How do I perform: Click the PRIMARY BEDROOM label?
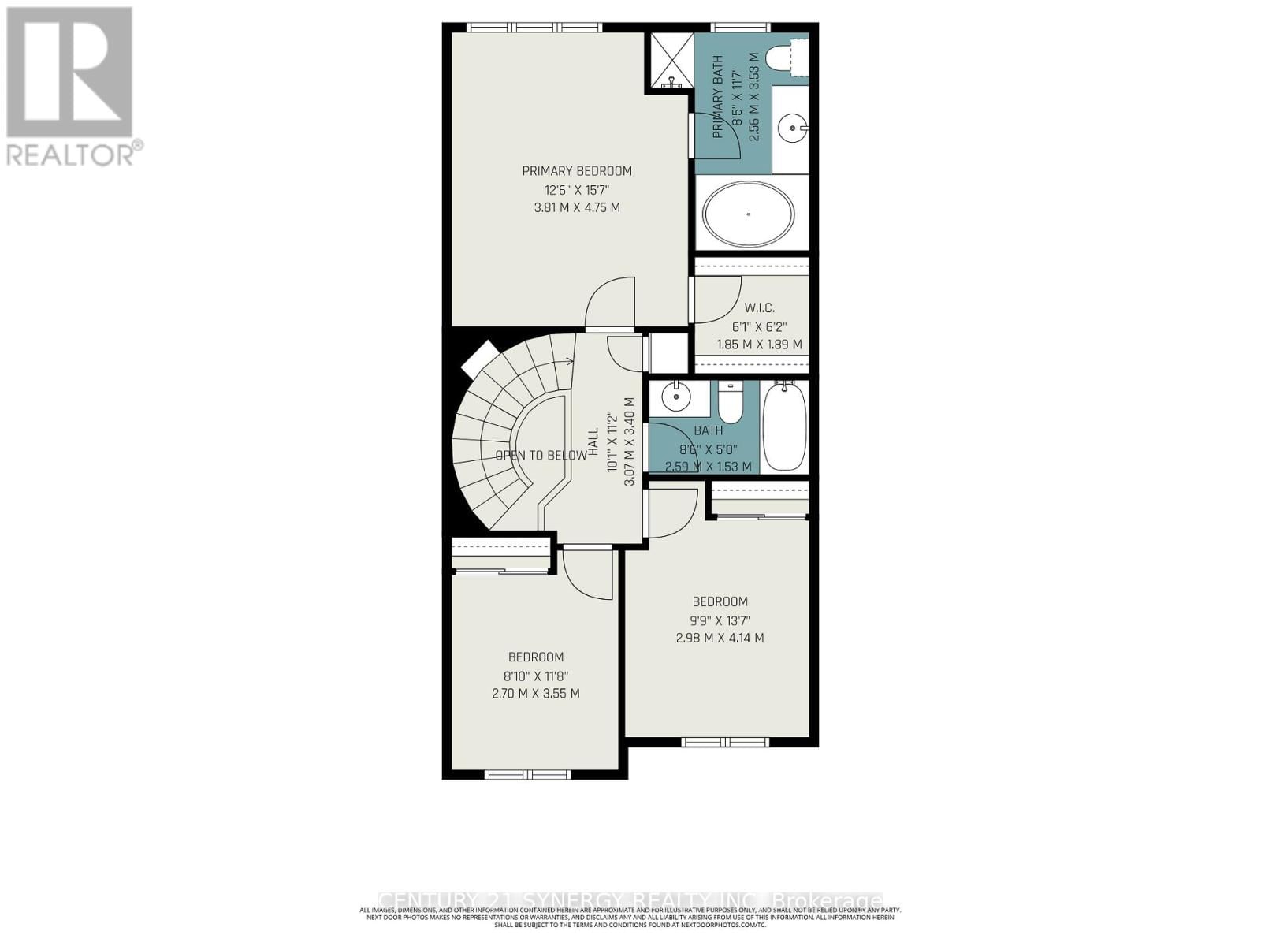pos(577,171)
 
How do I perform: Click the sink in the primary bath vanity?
pos(790,125)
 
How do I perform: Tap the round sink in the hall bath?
pos(676,397)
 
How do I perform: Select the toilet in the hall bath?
pos(731,404)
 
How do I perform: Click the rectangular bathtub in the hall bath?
pos(785,426)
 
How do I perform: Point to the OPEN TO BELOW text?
pos(541,456)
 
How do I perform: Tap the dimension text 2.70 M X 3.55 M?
pos(535,694)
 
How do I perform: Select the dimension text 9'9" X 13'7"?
pos(720,620)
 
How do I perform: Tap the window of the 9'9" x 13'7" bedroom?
pos(724,742)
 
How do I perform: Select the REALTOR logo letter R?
pos(69,73)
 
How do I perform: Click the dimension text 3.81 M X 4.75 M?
pos(577,208)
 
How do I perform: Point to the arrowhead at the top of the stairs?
pos(569,362)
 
